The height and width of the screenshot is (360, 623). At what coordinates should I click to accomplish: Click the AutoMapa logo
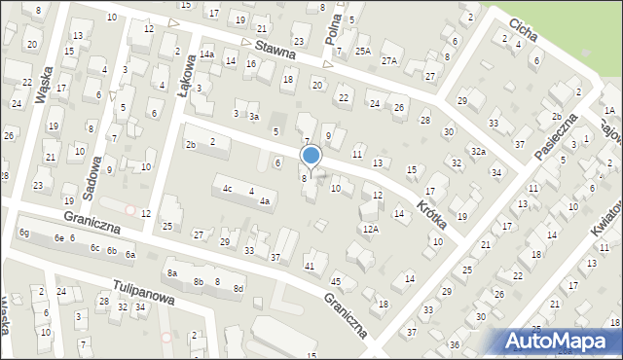pos(561,342)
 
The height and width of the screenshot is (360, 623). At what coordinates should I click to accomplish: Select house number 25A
pos(363,51)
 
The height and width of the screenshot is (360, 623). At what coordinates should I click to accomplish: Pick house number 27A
pos(389,60)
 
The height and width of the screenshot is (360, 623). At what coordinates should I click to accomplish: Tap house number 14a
pos(206,54)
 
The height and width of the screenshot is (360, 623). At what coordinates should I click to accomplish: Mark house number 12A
pos(370,229)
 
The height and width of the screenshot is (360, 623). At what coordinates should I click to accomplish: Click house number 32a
pos(478,152)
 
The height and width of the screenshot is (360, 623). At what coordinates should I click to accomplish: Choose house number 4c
pos(227,189)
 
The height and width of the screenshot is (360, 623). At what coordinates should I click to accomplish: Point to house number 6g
pos(24,234)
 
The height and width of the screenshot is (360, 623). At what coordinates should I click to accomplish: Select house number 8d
pos(238,289)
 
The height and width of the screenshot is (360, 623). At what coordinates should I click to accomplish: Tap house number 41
pos(310,266)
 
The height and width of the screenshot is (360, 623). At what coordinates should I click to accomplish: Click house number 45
pos(336,281)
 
